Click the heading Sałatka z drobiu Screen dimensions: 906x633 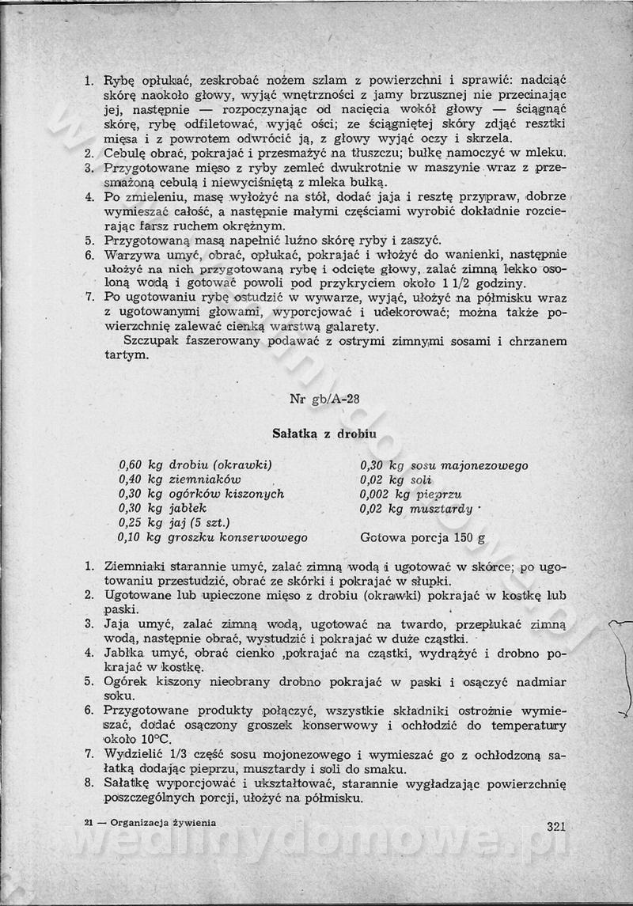(324, 434)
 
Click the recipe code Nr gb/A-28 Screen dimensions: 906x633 (324, 399)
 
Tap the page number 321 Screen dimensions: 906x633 (556, 827)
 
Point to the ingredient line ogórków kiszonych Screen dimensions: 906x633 (201, 494)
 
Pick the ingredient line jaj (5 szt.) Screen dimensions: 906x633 (174, 522)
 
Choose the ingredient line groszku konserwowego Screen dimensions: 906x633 (213, 537)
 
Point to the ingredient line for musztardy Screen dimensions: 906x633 (416, 509)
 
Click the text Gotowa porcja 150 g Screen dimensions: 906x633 (423, 537)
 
